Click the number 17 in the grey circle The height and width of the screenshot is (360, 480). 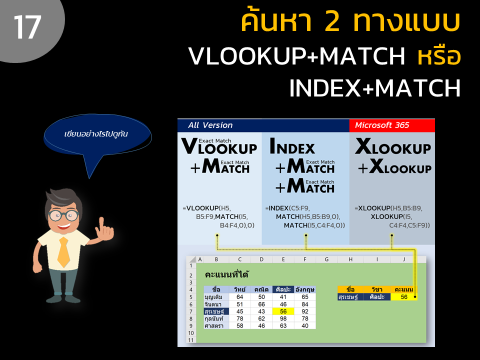click(x=27, y=27)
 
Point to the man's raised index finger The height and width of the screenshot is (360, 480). click(x=101, y=223)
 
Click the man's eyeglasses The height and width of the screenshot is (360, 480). click(x=63, y=215)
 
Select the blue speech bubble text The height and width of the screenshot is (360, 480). click(x=96, y=134)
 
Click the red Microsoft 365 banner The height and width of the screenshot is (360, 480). click(x=392, y=125)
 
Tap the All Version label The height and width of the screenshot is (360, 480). click(x=210, y=125)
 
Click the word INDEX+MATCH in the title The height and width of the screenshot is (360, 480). click(x=374, y=88)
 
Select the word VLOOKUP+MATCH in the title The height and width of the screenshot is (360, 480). click(x=296, y=56)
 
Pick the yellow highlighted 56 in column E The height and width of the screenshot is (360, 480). click(x=283, y=311)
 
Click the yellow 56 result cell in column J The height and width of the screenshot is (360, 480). click(x=404, y=296)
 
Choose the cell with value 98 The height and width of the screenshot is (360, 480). click(x=283, y=318)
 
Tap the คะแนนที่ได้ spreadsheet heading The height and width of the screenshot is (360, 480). click(x=226, y=274)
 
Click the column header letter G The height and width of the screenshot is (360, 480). click(x=326, y=259)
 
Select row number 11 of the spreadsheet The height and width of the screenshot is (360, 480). click(x=191, y=340)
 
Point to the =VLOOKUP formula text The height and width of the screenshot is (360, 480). click(x=218, y=216)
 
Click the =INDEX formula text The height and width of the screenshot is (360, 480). click(x=305, y=216)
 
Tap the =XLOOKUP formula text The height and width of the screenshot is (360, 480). click(x=392, y=216)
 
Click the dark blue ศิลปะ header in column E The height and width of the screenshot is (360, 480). click(x=283, y=289)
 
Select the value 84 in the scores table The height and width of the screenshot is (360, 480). click(x=305, y=304)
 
